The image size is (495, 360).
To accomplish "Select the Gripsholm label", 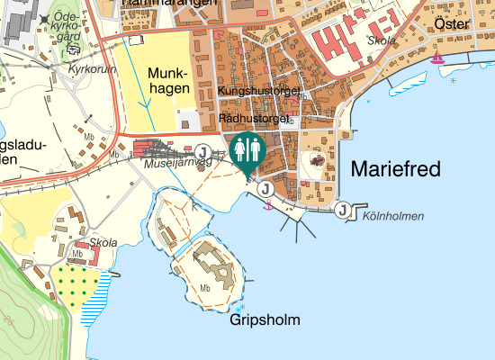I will [265, 320].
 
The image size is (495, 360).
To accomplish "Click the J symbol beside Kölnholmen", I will [343, 211].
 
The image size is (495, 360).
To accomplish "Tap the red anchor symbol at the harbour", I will [266, 207].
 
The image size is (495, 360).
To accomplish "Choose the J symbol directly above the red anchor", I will [265, 189].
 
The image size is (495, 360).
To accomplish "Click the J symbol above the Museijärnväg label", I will [203, 150].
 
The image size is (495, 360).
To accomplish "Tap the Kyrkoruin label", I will [87, 68].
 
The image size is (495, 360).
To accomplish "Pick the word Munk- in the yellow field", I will [168, 73].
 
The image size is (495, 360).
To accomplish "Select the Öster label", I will [452, 23].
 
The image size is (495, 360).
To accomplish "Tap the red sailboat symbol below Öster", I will [437, 58].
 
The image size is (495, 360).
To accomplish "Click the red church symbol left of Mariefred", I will [317, 160].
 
